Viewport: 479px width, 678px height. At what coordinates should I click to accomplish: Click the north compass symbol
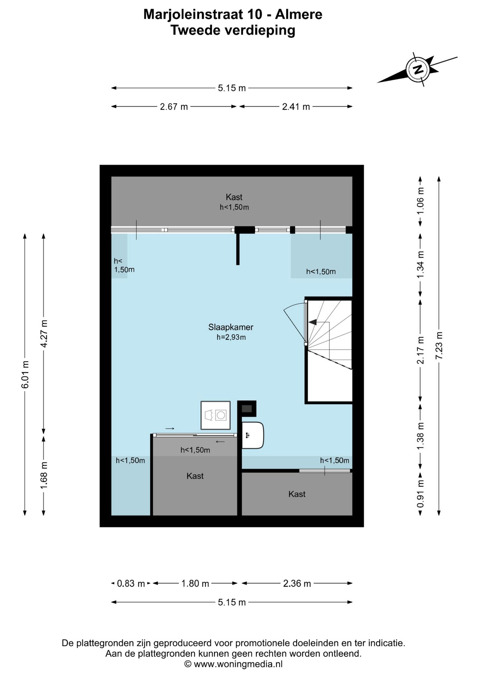tap(418, 69)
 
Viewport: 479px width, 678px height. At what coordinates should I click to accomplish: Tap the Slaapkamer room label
tap(231, 327)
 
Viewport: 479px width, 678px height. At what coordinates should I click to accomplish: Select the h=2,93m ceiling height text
tap(231, 337)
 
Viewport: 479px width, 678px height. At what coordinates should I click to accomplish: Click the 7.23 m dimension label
tap(439, 346)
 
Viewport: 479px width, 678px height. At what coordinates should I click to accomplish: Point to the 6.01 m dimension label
tap(25, 375)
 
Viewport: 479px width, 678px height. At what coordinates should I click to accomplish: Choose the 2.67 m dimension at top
tap(174, 107)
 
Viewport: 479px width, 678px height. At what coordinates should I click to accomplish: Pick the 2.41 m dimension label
tap(296, 107)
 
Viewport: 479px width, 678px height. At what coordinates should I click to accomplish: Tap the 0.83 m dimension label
tap(131, 584)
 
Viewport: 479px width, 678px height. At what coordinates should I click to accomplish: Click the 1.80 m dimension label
tap(195, 584)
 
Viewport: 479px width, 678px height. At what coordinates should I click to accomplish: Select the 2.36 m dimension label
tap(297, 584)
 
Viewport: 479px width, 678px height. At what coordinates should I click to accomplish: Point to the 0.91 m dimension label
tap(420, 494)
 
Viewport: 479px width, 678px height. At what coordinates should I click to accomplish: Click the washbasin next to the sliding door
tap(253, 435)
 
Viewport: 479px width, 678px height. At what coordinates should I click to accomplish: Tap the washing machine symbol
tap(216, 415)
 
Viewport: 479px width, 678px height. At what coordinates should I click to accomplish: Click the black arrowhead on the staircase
tap(313, 322)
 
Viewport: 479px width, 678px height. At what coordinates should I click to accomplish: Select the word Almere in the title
tap(298, 14)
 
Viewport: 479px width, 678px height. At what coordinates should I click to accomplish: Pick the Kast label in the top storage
tap(234, 197)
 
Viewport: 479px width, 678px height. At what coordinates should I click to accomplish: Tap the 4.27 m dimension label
tap(44, 334)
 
